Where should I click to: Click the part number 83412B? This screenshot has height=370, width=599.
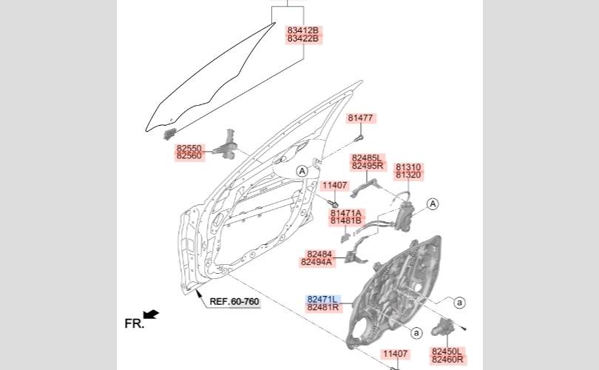[303, 30]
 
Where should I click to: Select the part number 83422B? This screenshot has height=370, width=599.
[303, 38]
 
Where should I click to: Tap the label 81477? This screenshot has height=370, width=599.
[361, 118]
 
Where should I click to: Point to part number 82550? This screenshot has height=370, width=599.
[189, 148]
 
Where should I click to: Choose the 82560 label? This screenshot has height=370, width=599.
[189, 156]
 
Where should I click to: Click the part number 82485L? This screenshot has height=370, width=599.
[368, 158]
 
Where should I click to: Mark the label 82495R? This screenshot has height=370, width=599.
[368, 166]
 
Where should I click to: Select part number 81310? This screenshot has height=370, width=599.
[408, 166]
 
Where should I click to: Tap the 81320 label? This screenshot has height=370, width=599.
[408, 175]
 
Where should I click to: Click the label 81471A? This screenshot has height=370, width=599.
[346, 212]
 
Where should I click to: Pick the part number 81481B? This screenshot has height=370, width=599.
[346, 221]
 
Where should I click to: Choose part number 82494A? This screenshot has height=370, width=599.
[317, 262]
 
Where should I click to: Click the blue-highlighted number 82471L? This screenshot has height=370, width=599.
[322, 298]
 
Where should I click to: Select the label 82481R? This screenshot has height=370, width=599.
[322, 307]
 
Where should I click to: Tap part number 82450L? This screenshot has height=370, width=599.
[447, 351]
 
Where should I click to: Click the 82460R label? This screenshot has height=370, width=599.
[447, 360]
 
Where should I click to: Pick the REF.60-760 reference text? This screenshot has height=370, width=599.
[234, 301]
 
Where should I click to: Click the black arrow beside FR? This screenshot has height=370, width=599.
[152, 316]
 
